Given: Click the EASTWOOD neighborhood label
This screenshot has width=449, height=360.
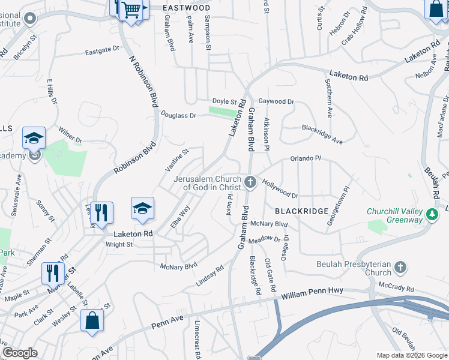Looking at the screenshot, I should pyautogui.click(x=187, y=8).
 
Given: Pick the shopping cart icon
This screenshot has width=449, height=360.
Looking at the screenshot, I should pyautogui.click(x=131, y=10).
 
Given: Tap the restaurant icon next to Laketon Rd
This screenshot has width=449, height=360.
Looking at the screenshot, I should pyautogui.click(x=101, y=212).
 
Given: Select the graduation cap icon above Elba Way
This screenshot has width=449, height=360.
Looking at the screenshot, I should pyautogui.click(x=143, y=208).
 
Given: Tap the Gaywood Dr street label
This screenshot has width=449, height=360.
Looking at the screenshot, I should pyautogui.click(x=276, y=102).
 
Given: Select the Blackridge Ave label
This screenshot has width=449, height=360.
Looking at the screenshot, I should pyautogui.click(x=322, y=134).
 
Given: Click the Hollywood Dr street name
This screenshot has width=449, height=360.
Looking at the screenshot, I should pyautogui.click(x=280, y=191).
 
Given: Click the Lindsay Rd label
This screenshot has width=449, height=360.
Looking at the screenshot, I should pyautogui.click(x=209, y=275).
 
